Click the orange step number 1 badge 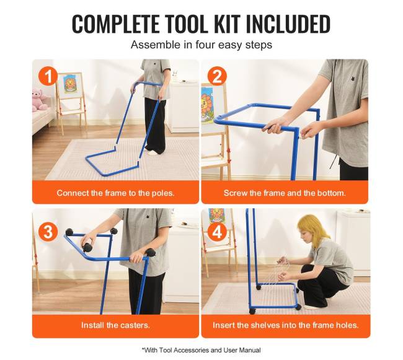coord(48,76)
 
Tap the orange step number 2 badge coord(217,76)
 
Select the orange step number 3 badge coord(48,232)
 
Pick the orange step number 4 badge coord(217,232)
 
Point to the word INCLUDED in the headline coord(288,24)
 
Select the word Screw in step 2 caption coord(233,193)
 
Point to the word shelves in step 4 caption coord(265,325)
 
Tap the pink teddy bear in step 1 coord(40,100)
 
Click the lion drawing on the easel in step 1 coord(69,84)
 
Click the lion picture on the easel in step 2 coord(208,106)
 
